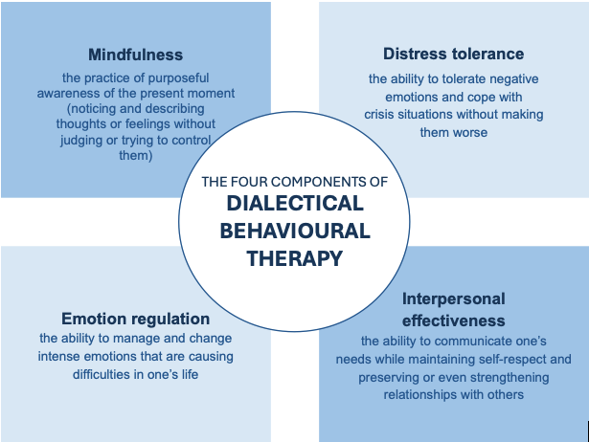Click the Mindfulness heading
(x=135, y=55)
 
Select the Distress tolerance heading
(x=453, y=54)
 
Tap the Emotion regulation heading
(x=135, y=319)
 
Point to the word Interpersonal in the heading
(x=454, y=298)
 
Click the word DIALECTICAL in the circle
(x=295, y=203)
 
